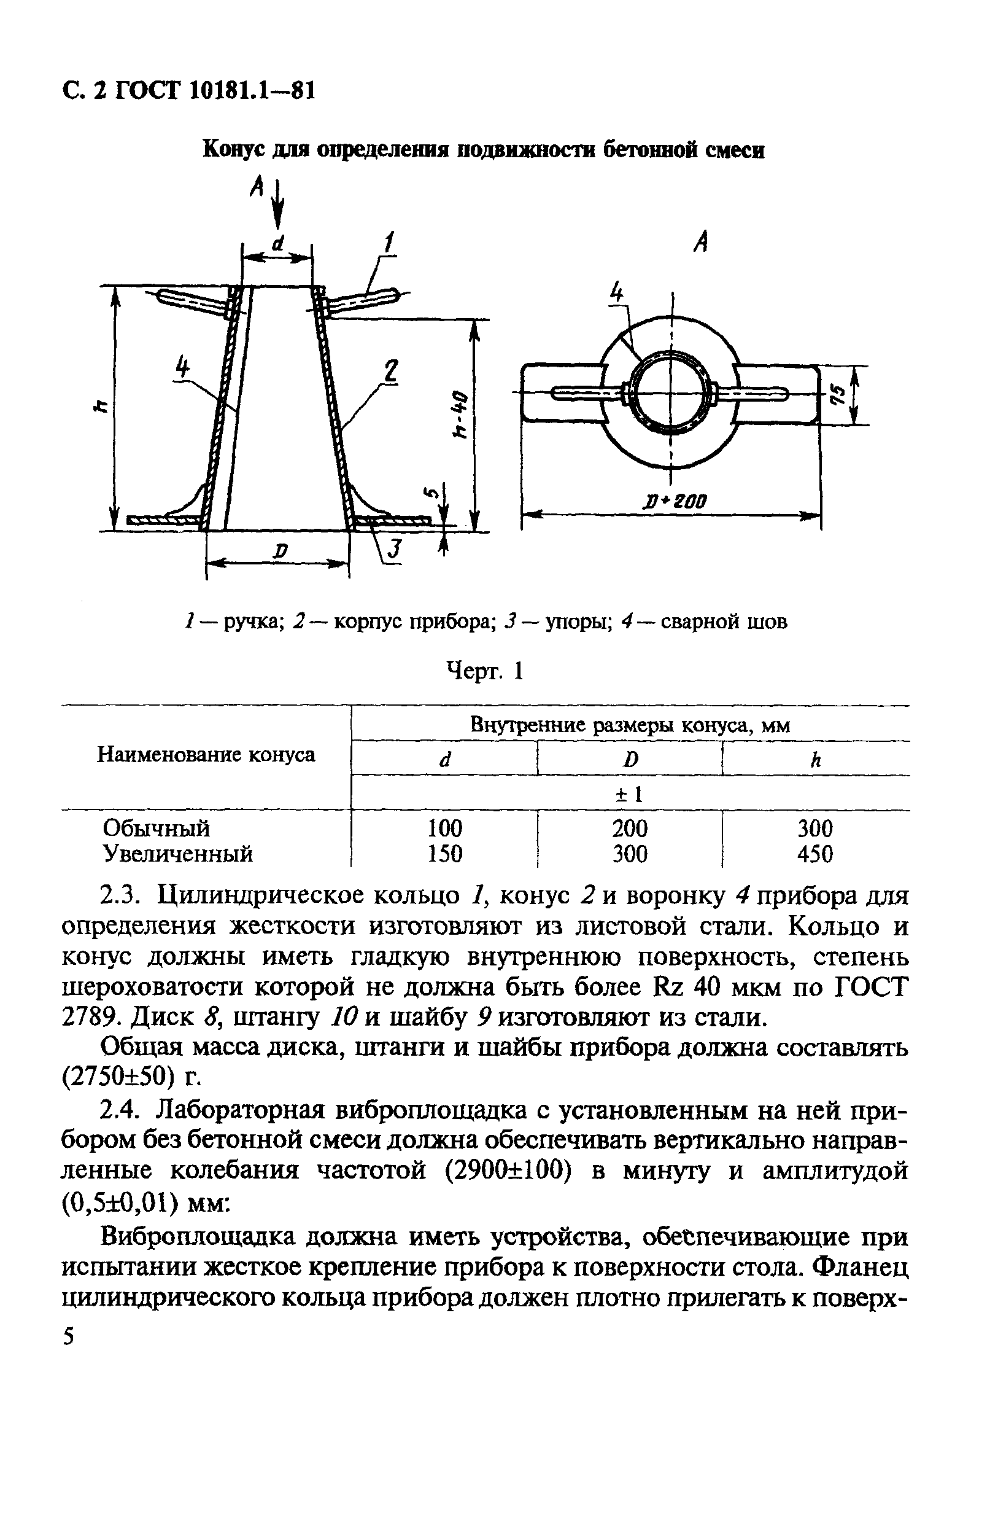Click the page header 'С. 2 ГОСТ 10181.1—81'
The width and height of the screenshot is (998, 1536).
pos(189,91)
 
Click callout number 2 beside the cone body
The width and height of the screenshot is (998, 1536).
pos(390,372)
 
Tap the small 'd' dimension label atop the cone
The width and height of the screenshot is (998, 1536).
pos(277,243)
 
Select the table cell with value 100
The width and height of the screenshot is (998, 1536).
pos(444,828)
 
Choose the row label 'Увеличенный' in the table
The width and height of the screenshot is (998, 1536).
pos(178,854)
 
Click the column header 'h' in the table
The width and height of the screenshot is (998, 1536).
pos(816,760)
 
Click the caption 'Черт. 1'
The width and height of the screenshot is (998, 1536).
pos(485,672)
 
